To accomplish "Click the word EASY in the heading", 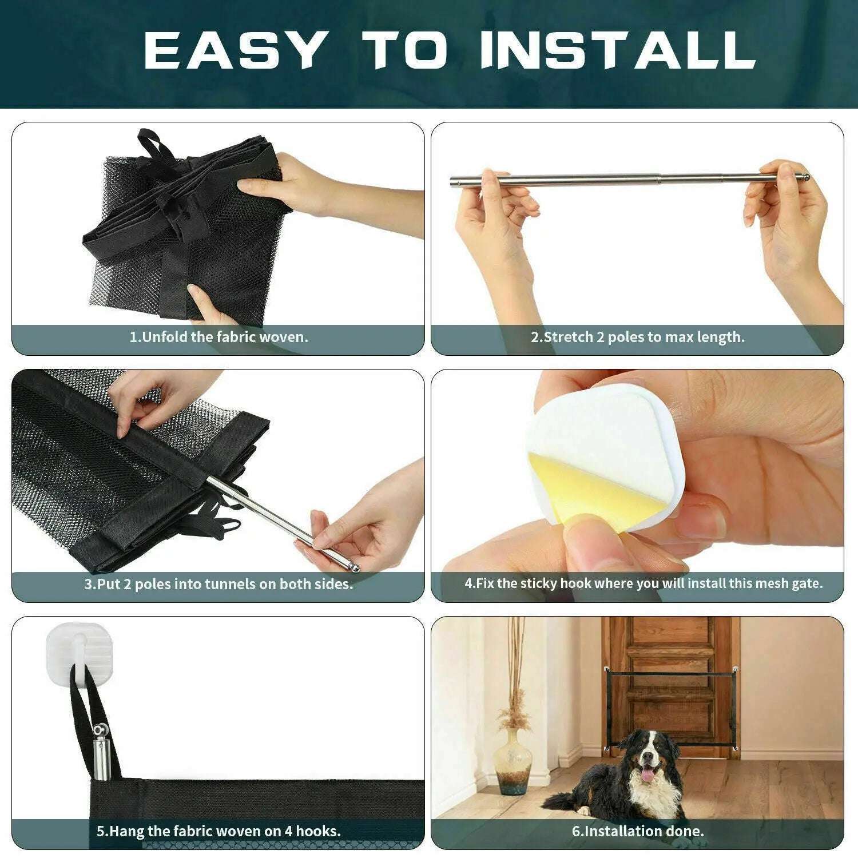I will point(233,50).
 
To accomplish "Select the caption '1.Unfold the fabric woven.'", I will point(219,337).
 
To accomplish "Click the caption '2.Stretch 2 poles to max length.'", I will point(638,337).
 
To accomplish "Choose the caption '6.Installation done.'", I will point(638,831).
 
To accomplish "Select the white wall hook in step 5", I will point(69,649).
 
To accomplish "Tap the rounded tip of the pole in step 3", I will point(355,568).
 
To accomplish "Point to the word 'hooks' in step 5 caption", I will point(320,831).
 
